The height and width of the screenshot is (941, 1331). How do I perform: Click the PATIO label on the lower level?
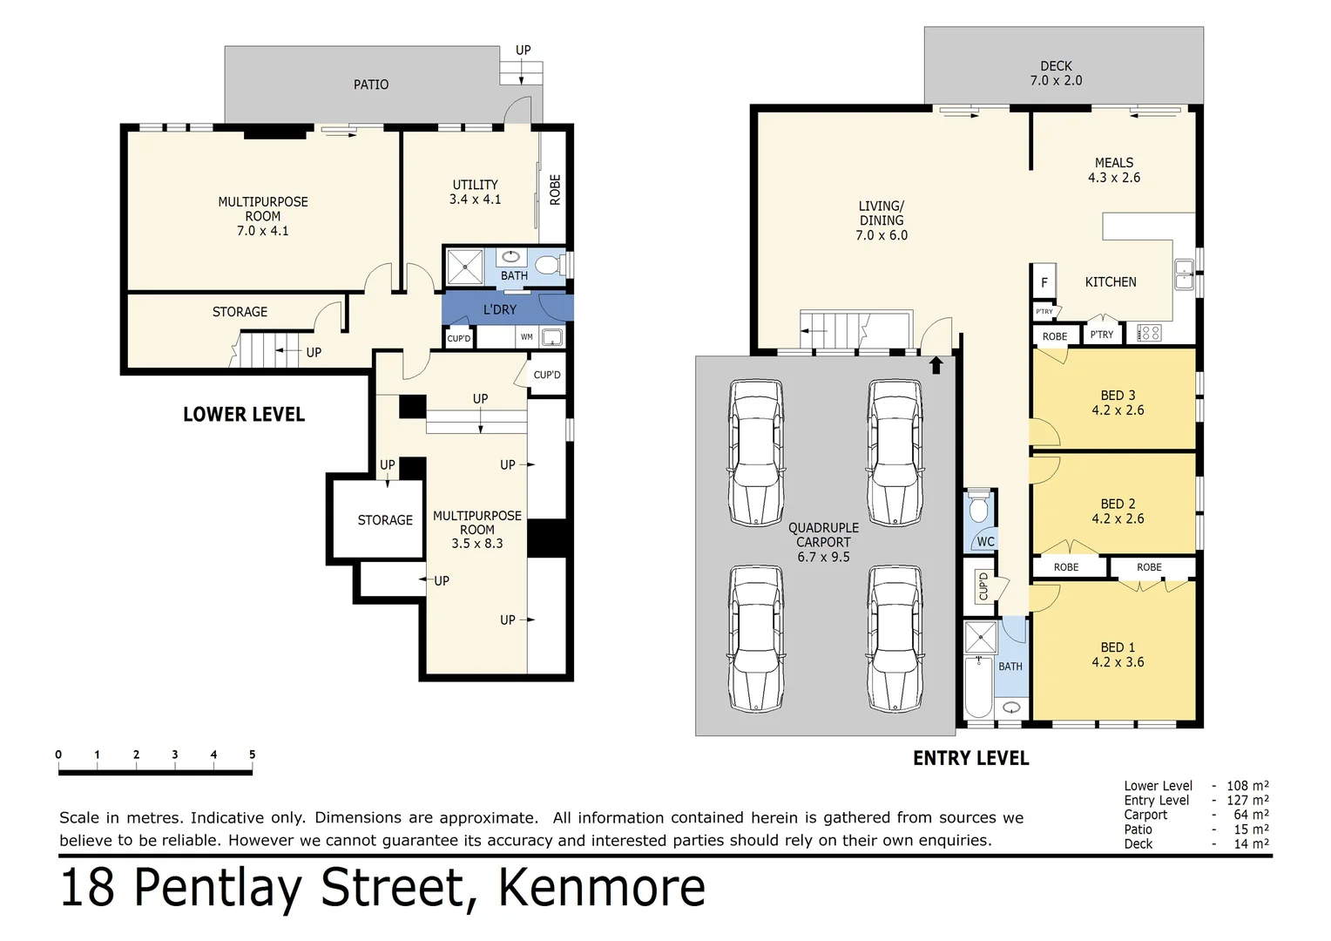371,85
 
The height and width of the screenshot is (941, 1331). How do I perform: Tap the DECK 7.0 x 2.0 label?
1056,73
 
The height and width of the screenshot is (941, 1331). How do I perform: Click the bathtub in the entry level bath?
979,687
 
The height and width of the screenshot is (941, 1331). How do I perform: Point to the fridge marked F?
1044,282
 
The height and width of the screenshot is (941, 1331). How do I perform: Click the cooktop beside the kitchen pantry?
1149,332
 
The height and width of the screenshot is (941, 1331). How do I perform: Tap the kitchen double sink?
1184,274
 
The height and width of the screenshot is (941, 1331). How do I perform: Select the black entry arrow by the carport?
936,365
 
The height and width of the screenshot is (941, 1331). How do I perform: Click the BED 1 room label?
1118,647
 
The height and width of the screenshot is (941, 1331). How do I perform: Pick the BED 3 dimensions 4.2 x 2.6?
1118,410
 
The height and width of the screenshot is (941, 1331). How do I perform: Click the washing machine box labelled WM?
527,337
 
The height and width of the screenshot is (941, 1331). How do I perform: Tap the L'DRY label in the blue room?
500,309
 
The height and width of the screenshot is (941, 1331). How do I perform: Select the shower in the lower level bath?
464,267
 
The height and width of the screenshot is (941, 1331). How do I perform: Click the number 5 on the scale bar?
252,755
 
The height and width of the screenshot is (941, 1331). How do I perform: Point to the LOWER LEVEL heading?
244,415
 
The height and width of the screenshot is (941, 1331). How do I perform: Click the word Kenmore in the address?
601,888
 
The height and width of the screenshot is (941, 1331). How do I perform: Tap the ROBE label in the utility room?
555,190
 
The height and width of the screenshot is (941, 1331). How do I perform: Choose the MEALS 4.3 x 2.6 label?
1113,170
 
